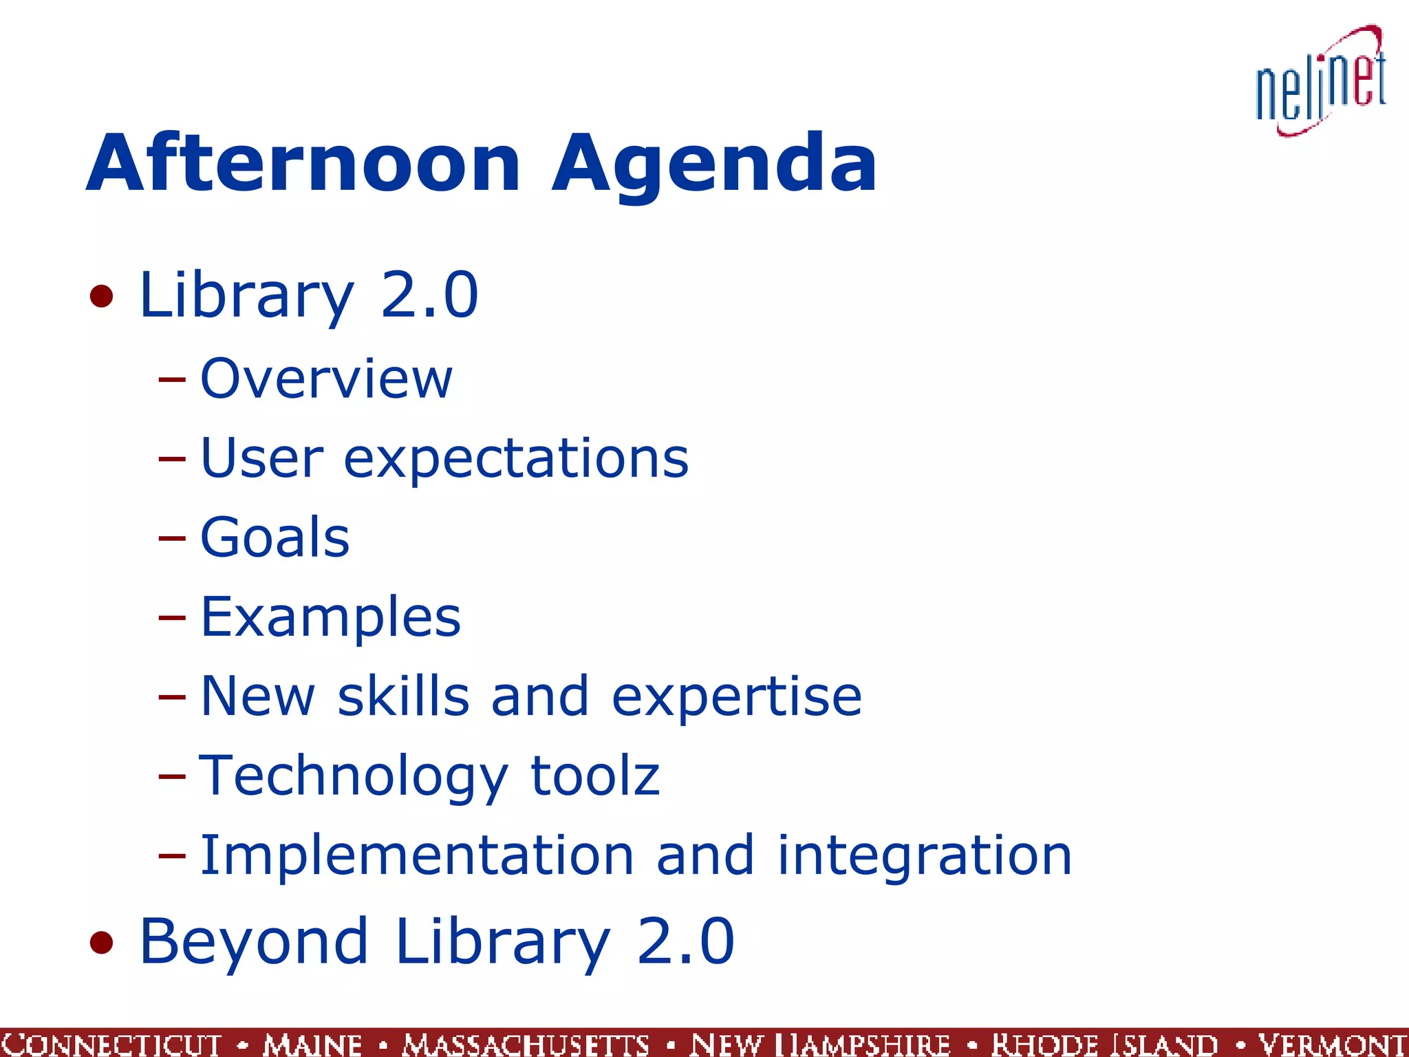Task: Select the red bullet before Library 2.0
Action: [x=102, y=297]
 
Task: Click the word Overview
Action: [x=326, y=378]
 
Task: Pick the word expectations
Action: [x=515, y=460]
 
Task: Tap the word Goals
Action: [x=275, y=537]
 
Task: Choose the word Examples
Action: [x=330, y=617]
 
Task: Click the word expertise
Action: [x=736, y=697]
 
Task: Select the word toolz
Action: [x=595, y=776]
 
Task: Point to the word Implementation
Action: [x=417, y=855]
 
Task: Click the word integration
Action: [x=924, y=856]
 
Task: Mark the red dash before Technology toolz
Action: [x=171, y=776]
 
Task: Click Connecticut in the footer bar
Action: [x=111, y=1043]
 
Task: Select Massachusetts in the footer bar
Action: [x=526, y=1043]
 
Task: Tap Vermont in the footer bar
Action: [x=1332, y=1043]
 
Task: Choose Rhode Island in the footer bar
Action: [x=1104, y=1043]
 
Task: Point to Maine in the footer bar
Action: [x=312, y=1043]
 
